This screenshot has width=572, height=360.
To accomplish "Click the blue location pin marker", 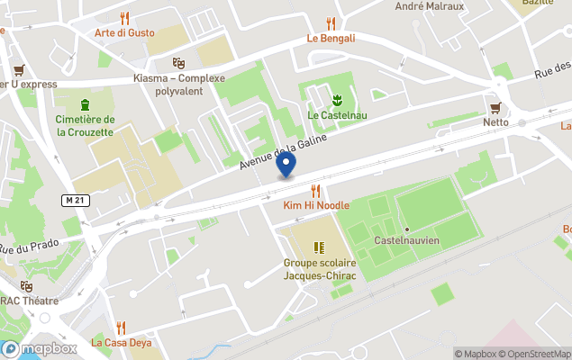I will pyautogui.click(x=286, y=165).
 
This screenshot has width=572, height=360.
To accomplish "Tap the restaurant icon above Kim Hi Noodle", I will pyautogui.click(x=315, y=191).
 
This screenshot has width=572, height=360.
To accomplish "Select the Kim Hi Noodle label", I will pyautogui.click(x=315, y=206).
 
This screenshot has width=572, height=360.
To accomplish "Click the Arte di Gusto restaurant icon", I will pyautogui.click(x=125, y=18).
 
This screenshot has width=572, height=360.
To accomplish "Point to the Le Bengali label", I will pyautogui.click(x=331, y=38).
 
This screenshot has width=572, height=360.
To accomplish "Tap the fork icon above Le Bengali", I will pyautogui.click(x=331, y=23).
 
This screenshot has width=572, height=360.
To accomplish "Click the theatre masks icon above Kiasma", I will pyautogui.click(x=178, y=63).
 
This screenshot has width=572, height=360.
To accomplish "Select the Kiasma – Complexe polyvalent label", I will pyautogui.click(x=178, y=84).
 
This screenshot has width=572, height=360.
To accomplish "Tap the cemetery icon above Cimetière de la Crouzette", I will pyautogui.click(x=85, y=104).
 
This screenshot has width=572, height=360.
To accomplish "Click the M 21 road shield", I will pyautogui.click(x=76, y=199).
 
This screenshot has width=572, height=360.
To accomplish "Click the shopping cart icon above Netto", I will pyautogui.click(x=495, y=106).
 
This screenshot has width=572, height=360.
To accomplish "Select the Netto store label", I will pyautogui.click(x=495, y=121).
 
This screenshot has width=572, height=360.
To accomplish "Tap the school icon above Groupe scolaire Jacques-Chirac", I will pyautogui.click(x=318, y=247).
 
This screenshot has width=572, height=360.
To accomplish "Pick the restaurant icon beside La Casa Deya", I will pyautogui.click(x=121, y=328).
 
